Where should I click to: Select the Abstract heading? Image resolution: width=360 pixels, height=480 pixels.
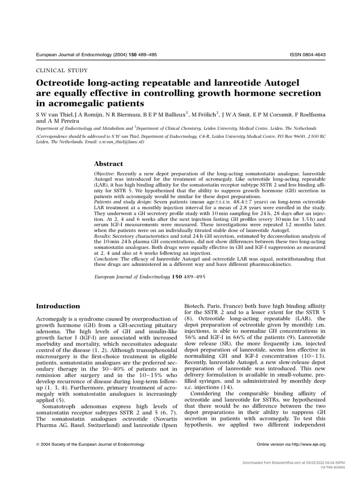point(109,164)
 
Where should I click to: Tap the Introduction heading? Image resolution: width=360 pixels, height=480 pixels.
point(58,306)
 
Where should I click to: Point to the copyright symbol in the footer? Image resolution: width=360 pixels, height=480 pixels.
point(38,444)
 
